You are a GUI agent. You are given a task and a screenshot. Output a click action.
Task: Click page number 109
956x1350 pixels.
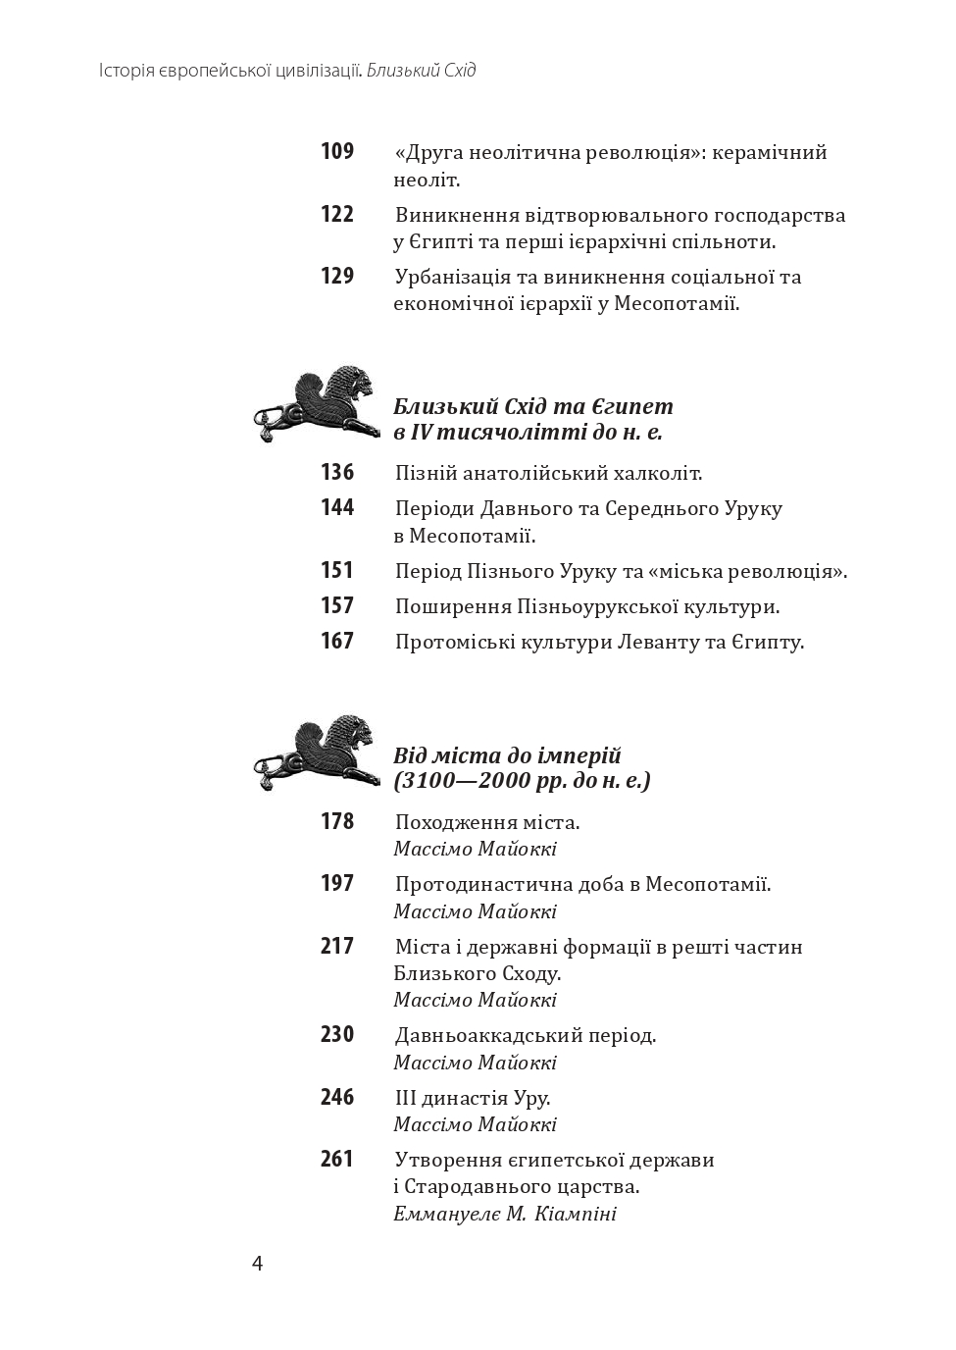[x=336, y=152]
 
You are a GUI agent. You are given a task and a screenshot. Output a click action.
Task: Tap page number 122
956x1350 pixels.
[x=336, y=214]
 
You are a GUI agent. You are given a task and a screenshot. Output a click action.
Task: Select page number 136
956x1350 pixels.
[x=336, y=473]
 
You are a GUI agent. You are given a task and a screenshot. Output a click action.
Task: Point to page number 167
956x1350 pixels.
[x=336, y=642]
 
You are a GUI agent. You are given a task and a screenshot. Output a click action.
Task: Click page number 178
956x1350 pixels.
[x=336, y=821]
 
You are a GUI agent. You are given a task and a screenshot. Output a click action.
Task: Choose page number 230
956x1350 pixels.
[x=336, y=1034]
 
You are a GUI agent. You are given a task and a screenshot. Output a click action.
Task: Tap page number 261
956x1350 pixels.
[x=336, y=1159]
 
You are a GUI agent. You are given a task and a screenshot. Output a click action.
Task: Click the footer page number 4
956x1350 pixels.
[x=257, y=1264]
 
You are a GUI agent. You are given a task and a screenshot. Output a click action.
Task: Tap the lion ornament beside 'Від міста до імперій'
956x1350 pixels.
[x=316, y=753]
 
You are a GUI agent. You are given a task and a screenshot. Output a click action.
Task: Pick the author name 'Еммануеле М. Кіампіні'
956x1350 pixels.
[x=505, y=1214]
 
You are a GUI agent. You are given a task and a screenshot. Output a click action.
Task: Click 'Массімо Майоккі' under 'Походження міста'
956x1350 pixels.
[x=475, y=849]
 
